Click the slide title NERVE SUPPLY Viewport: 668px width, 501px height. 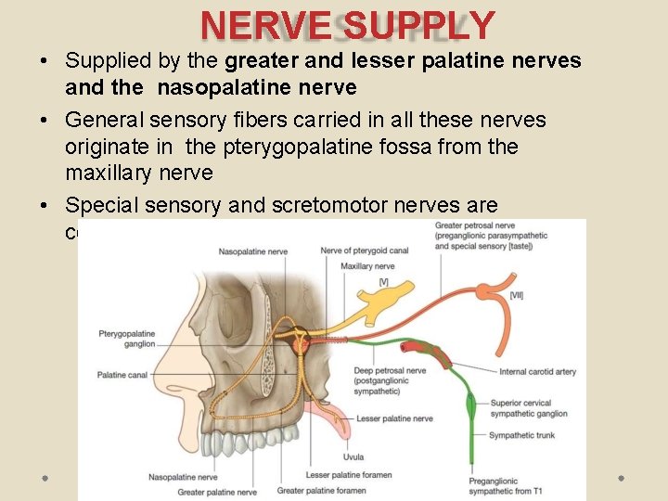point(347,26)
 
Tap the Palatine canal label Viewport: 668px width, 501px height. point(122,375)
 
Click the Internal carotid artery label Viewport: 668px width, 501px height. point(537,372)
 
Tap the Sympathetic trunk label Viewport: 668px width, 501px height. point(522,435)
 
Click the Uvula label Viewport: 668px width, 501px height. point(353,456)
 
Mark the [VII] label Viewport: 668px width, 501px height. point(516,294)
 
